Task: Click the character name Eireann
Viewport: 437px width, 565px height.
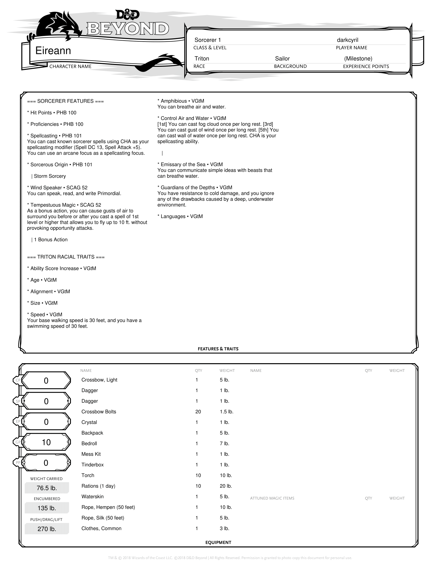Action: tap(53, 51)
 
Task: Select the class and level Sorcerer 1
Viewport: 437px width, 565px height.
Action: tap(208, 40)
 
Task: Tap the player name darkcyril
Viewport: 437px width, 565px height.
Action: tap(348, 40)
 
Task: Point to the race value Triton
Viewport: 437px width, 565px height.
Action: tap(202, 59)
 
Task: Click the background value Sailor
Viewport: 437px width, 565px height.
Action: tap(282, 59)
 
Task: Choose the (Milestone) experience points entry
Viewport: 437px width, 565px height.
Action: tap(358, 59)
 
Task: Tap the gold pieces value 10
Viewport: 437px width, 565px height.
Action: tap(46, 442)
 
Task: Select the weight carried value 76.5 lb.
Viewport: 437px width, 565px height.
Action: tap(47, 488)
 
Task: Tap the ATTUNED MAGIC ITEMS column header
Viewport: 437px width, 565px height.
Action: tap(272, 498)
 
